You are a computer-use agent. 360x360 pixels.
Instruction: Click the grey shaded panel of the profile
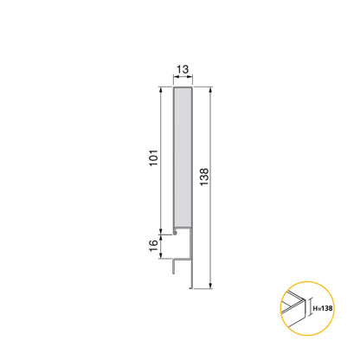point(183,156)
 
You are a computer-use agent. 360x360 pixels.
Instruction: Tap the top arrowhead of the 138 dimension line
point(209,89)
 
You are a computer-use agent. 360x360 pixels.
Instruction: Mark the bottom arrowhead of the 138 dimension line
point(209,286)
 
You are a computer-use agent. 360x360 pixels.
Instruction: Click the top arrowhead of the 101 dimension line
point(161,90)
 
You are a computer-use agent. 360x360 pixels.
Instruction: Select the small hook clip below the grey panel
point(176,232)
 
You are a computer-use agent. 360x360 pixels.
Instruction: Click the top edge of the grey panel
point(183,87)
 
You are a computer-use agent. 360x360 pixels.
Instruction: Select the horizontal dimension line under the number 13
point(183,81)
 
